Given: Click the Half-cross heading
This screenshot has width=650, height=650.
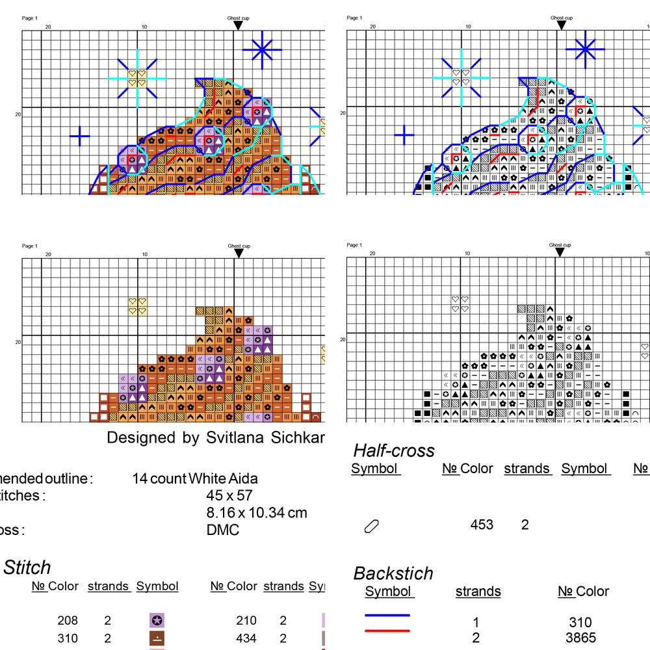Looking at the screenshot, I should click(394, 450).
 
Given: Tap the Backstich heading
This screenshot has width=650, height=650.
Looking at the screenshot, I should click(393, 573).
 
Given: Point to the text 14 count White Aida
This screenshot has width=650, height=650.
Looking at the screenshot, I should click(195, 479).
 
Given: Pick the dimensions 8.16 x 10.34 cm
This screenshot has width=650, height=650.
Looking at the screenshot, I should click(256, 513).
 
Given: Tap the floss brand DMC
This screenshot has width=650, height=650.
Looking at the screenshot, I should click(222, 530).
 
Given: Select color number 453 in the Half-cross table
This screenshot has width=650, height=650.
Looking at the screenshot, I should click(482, 525).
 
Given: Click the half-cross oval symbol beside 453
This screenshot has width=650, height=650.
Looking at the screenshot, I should click(372, 526).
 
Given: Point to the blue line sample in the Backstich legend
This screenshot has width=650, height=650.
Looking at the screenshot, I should click(387, 615).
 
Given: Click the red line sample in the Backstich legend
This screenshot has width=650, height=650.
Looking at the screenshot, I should click(387, 630).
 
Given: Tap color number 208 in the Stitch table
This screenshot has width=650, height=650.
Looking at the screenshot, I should click(67, 621).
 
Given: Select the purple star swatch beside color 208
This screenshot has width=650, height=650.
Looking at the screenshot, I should click(157, 621).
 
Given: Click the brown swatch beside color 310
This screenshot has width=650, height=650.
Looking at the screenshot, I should click(157, 638).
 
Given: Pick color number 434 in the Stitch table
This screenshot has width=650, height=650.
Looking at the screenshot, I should click(246, 638).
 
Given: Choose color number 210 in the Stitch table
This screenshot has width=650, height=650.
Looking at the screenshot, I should click(246, 621).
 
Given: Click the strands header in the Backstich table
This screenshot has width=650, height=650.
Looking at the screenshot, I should click(478, 591).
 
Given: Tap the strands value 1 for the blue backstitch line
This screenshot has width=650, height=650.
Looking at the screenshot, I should click(476, 622).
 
